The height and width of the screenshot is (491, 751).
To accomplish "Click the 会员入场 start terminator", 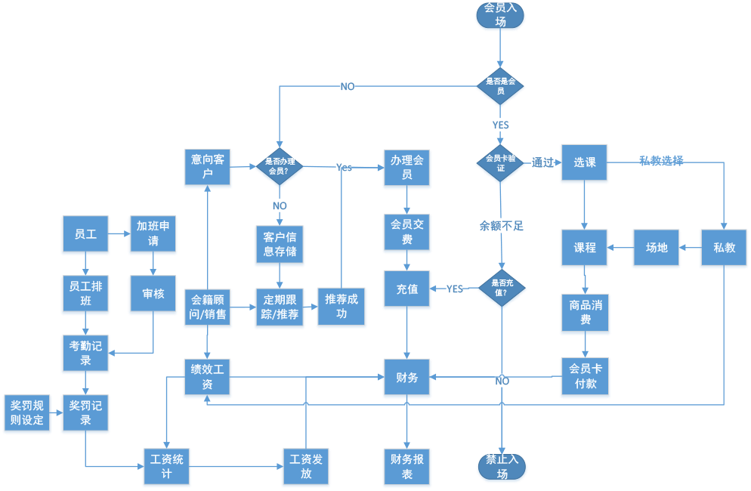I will pyautogui.click(x=500, y=15).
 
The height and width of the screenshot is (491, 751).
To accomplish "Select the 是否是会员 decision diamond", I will pyautogui.click(x=500, y=86).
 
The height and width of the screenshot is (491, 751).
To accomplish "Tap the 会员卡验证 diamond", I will pyautogui.click(x=500, y=163).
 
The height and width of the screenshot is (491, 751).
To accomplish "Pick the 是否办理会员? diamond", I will pyautogui.click(x=280, y=166).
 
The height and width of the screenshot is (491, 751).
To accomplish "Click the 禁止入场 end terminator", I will pyautogui.click(x=502, y=467).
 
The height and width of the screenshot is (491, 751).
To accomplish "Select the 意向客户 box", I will pyautogui.click(x=208, y=168).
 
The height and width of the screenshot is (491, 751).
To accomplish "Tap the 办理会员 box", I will pyautogui.click(x=407, y=168).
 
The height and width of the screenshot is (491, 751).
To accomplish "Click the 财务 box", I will pyautogui.click(x=407, y=377).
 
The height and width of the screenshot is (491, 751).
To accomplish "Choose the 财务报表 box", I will pyautogui.click(x=407, y=466).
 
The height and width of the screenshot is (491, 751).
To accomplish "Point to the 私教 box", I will pyautogui.click(x=724, y=247).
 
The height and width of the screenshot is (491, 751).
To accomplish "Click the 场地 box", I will pyautogui.click(x=656, y=247).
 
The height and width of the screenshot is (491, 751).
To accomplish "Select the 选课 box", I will pyautogui.click(x=584, y=162).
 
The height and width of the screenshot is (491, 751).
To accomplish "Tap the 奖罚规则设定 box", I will pyautogui.click(x=27, y=413).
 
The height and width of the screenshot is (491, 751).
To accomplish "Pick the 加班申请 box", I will pyautogui.click(x=153, y=234).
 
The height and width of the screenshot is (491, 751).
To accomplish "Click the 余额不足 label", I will pyautogui.click(x=502, y=225).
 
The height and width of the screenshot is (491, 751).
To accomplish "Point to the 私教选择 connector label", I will pyautogui.click(x=661, y=161).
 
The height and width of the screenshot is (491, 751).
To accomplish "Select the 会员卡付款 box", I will pyautogui.click(x=585, y=377).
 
